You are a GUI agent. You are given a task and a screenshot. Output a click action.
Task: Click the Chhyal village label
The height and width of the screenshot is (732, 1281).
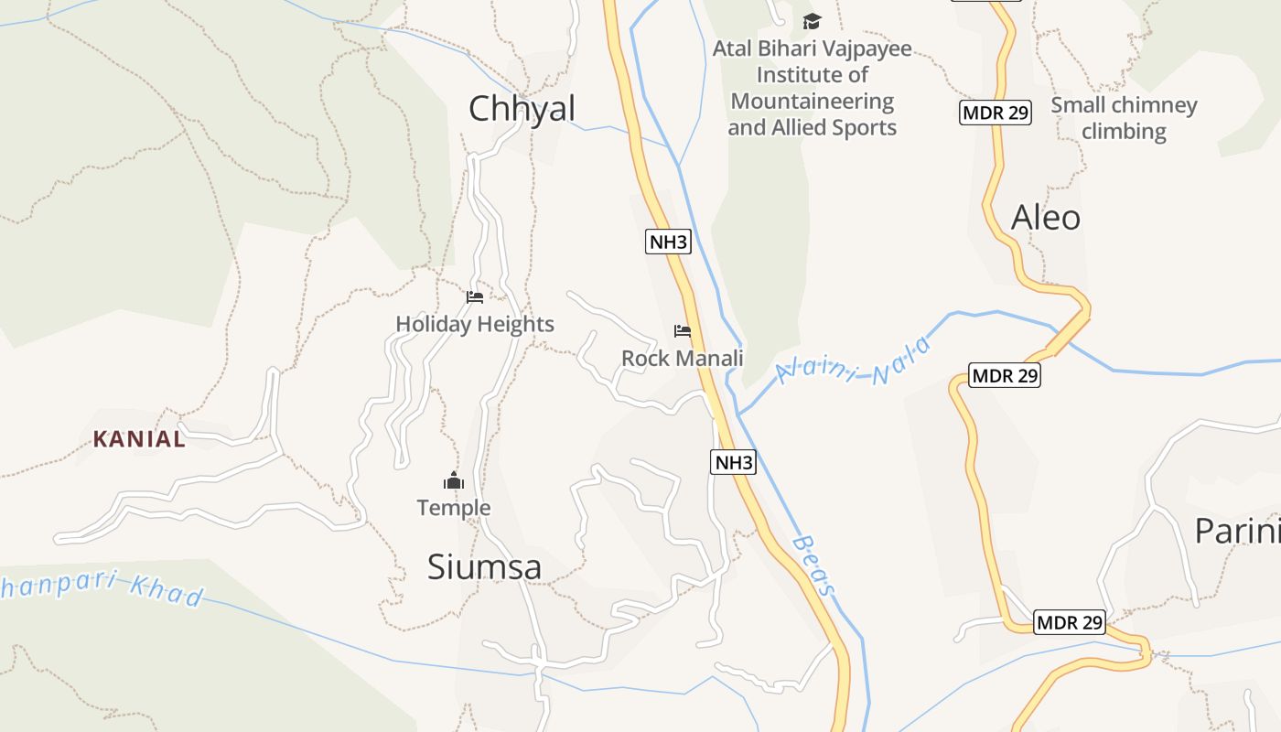pos(522,109)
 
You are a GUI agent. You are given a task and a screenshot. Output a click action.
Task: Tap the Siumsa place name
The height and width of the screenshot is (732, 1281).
pos(484,567)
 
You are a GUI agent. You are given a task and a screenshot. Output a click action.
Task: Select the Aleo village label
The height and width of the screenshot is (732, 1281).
pos(1045,218)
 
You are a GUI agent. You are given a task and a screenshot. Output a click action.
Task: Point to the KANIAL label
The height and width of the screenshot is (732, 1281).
pos(139,439)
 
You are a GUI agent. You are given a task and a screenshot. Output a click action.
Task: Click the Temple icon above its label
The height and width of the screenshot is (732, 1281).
pos(454,480)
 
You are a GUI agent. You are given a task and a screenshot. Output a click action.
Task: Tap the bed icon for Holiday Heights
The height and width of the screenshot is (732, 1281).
pos(474,297)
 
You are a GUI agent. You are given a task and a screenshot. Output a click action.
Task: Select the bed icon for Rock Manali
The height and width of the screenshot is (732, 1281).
pos(682,331)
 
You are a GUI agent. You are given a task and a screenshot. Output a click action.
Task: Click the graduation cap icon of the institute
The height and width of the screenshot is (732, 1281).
pos(812,21)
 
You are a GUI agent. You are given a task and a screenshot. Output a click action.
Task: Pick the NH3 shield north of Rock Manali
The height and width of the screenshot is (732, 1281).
pos(668,242)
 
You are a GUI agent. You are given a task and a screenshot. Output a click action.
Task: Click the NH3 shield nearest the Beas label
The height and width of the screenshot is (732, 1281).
pos(734,462)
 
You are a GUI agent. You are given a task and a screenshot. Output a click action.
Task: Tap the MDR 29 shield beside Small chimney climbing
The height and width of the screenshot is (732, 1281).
pos(996,113)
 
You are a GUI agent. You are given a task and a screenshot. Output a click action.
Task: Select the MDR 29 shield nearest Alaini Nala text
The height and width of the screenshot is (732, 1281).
pos(1005,375)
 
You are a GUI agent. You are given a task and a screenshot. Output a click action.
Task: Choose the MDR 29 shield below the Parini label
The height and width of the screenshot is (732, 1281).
pos(1070,623)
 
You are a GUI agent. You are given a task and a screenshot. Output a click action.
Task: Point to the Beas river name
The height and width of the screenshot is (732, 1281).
pos(813,565)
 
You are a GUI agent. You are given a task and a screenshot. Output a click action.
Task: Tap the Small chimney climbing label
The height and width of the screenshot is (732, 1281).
pos(1124,118)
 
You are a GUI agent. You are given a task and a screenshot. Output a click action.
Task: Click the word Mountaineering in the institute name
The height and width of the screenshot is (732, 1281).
pos(812,101)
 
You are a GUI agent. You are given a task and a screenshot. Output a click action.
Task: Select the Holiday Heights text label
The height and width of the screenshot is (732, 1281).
pos(475,324)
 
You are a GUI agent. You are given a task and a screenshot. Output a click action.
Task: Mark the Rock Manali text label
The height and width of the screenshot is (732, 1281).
pos(683,359)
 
